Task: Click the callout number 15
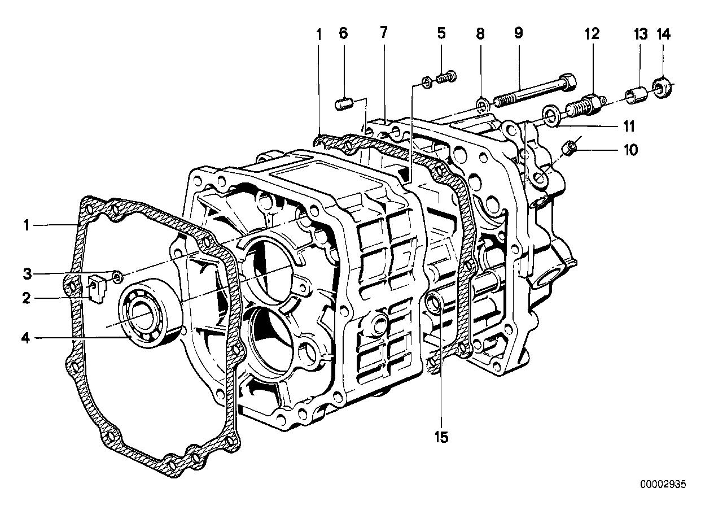pos(441,437)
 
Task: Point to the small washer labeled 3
pos(116,277)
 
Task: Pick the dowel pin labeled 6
pos(344,106)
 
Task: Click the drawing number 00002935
pos(664,485)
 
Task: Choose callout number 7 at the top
pos(384,32)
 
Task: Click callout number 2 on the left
pos(25,298)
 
